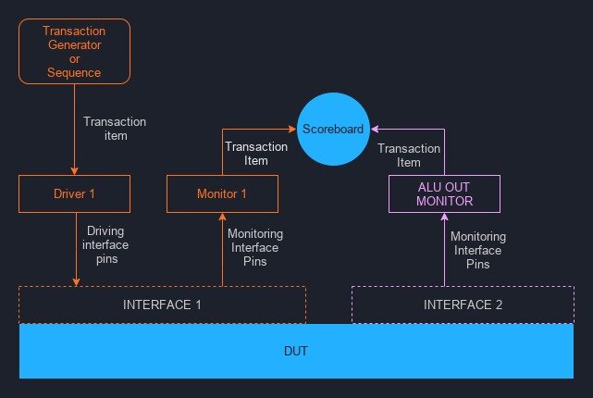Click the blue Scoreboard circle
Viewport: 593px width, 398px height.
[333, 129]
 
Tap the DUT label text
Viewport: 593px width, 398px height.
[296, 351]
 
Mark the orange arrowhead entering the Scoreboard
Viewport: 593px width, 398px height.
[292, 129]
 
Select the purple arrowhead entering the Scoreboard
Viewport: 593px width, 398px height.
[375, 129]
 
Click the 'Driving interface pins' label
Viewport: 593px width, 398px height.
[105, 244]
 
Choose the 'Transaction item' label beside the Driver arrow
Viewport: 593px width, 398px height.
[115, 129]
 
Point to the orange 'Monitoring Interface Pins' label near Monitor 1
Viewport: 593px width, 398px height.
[255, 247]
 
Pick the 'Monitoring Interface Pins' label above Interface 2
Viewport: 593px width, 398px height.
[478, 250]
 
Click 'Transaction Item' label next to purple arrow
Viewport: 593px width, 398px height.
[409, 155]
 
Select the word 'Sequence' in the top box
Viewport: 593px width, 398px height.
[74, 72]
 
